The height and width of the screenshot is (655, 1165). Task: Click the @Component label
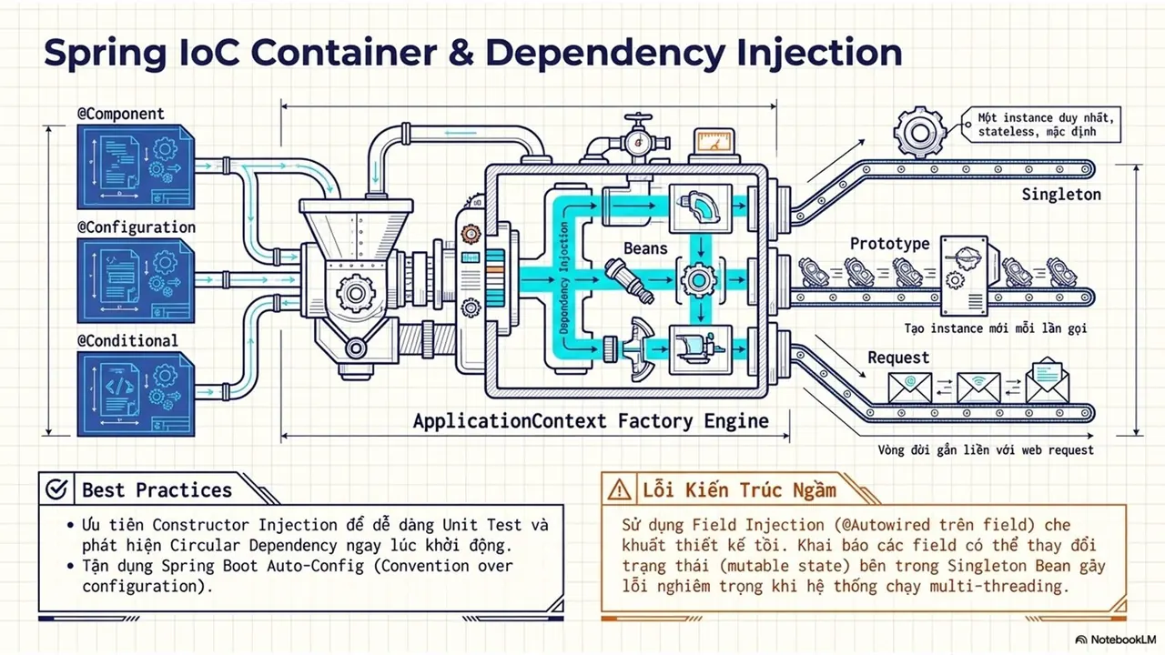tap(121, 114)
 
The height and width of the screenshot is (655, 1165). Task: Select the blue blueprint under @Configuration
tap(136, 281)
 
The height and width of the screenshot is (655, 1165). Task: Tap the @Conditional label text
tap(127, 341)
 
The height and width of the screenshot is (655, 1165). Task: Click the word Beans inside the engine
tap(645, 248)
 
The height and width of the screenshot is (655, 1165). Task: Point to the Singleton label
tap(1061, 195)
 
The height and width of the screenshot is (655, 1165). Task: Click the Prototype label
tap(890, 244)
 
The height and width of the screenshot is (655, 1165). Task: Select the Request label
tap(898, 358)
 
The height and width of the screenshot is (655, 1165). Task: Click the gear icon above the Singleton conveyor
tap(919, 132)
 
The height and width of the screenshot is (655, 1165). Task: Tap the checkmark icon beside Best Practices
tap(56, 489)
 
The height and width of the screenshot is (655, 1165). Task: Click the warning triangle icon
tap(620, 489)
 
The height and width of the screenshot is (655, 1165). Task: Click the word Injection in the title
tap(819, 53)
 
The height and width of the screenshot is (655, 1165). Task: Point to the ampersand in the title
tap(461, 52)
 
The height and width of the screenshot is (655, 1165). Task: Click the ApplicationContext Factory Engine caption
tap(591, 421)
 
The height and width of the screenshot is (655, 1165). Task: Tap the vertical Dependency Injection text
tap(564, 278)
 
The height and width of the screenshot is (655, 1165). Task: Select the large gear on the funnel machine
tap(356, 294)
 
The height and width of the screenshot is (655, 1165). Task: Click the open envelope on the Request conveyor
tap(1047, 380)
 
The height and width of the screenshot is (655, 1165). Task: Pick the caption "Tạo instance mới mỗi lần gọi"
tap(996, 328)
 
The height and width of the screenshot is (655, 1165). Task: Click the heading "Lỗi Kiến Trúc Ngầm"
tap(739, 489)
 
